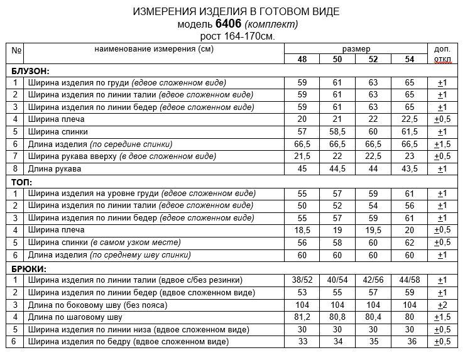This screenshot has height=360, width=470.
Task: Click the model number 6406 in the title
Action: point(227,24)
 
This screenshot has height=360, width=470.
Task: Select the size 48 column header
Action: point(302,58)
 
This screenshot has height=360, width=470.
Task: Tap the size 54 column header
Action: point(410,58)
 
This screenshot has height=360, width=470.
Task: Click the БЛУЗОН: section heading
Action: point(30,71)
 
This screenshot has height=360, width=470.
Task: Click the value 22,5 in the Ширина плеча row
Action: point(410,119)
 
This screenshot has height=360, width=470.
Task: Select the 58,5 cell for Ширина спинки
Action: point(337,132)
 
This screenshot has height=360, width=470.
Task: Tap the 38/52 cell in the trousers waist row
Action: point(302,280)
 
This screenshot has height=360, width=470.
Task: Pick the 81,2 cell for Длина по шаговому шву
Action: point(302,317)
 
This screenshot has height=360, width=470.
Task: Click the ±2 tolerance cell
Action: point(442,305)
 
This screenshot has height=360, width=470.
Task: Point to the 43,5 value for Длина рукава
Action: point(410,169)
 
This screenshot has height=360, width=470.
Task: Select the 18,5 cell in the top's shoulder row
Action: point(302,231)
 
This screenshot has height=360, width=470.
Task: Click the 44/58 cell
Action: point(410,280)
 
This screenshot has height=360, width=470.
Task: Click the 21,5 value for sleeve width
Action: point(302,156)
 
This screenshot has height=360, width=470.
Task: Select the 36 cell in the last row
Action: point(410,342)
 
